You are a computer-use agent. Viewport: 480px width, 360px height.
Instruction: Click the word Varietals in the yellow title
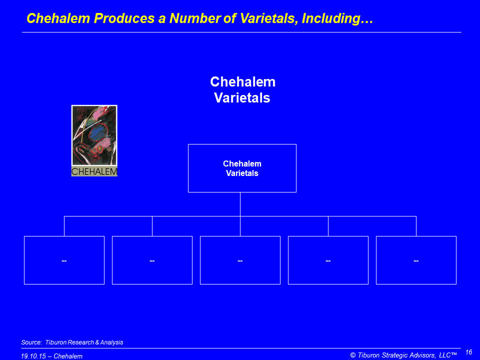point(269,18)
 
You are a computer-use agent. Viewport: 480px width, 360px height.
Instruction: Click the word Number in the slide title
point(194,18)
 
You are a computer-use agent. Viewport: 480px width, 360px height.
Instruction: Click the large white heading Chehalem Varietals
point(242,89)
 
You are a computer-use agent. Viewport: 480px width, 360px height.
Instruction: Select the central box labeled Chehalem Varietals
point(242,168)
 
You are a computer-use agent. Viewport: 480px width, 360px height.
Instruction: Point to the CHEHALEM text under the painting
point(94,171)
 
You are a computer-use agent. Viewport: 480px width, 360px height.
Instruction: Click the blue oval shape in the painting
point(98,134)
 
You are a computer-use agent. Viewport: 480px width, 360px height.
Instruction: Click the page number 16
point(468,352)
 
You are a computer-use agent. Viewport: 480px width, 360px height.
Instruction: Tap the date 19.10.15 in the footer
point(33,356)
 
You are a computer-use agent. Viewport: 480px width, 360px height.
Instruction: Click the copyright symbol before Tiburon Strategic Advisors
point(353,355)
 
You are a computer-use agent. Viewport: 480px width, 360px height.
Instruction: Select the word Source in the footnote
point(31,342)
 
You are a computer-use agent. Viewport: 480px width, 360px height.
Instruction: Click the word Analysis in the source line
point(111,342)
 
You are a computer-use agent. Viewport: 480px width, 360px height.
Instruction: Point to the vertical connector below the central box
point(240,204)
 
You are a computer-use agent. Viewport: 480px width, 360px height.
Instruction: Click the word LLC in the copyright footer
point(445,355)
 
